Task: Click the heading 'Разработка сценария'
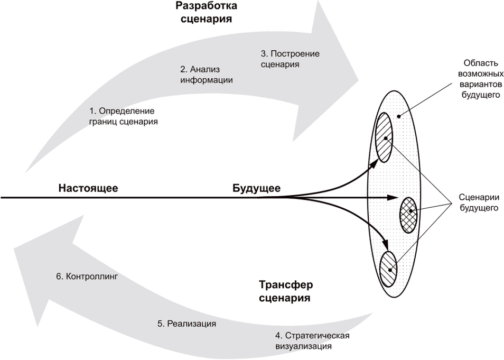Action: [206, 12]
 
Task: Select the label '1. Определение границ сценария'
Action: [124, 116]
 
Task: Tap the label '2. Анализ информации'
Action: [207, 75]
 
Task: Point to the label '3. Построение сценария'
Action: [290, 59]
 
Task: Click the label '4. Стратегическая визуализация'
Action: [312, 341]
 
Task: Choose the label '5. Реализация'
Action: [186, 324]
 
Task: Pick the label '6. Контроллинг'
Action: [87, 276]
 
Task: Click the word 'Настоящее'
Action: [88, 188]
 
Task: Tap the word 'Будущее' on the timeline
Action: [256, 188]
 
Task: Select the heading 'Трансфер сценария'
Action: [286, 291]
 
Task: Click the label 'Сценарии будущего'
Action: [479, 202]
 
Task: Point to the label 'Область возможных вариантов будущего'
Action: [481, 79]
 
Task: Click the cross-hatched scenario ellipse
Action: [408, 215]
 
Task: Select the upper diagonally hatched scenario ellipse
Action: [384, 137]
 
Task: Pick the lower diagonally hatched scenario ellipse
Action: [388, 269]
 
